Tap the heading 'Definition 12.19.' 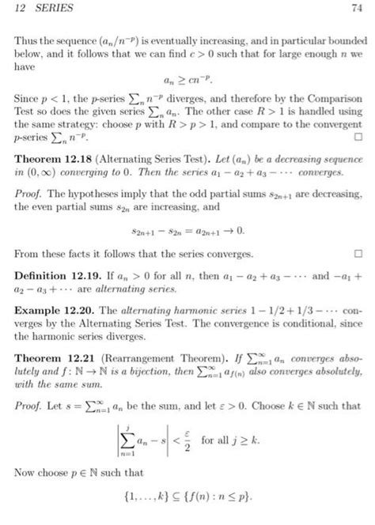[x=55, y=278]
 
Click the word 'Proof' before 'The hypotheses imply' [x=28, y=193]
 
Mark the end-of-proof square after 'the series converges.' [x=358, y=255]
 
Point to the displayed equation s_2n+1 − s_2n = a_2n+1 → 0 [x=187, y=232]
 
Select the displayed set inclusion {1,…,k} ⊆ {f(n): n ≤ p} [x=187, y=496]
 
